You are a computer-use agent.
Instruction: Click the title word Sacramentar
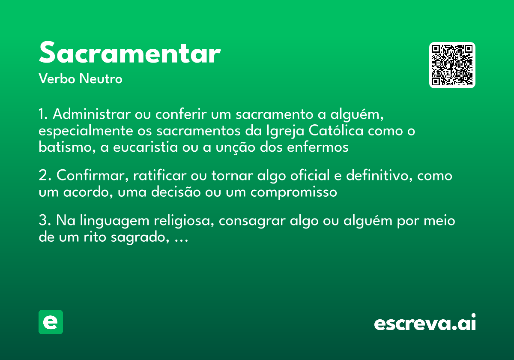129,53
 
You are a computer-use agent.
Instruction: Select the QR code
452,65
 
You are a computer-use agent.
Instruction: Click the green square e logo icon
51,322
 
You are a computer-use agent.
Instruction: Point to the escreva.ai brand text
425,324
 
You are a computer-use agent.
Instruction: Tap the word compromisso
294,192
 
